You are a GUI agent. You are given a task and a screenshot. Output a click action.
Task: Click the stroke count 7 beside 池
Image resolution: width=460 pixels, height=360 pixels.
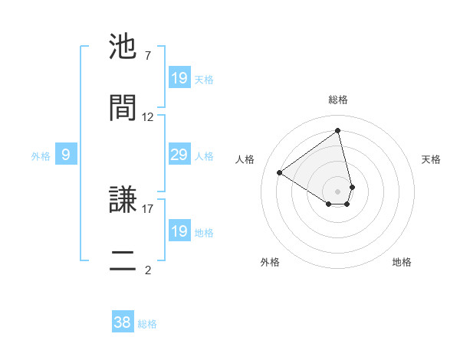[x=147, y=56]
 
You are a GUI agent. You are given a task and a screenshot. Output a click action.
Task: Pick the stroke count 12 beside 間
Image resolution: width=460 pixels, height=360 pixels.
[x=148, y=117]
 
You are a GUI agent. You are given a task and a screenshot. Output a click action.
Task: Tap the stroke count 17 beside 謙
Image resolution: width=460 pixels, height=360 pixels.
[x=148, y=208]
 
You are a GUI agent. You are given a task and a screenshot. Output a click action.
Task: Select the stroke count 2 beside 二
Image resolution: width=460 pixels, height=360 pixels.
[x=147, y=270]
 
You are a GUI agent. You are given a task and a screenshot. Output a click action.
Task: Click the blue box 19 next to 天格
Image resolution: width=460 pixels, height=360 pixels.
[x=179, y=78]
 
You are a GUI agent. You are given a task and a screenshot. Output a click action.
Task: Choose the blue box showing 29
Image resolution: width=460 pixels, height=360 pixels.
[x=179, y=155]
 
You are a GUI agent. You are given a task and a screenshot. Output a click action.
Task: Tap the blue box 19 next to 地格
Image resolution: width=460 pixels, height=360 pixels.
[x=179, y=231]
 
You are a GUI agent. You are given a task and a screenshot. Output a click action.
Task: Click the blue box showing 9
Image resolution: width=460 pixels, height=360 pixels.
[x=66, y=155]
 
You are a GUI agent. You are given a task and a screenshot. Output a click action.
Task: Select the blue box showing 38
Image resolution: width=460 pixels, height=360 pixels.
[x=123, y=322]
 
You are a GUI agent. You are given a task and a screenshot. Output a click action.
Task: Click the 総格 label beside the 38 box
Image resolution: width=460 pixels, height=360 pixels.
[x=147, y=324]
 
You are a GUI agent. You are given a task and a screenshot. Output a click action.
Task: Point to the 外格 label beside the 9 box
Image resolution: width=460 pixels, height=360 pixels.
[x=41, y=156]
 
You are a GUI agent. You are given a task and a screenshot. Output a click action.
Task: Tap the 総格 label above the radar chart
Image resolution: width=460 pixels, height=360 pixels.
[x=338, y=100]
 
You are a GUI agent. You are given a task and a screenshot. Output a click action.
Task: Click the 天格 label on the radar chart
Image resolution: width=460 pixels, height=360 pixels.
[x=431, y=159]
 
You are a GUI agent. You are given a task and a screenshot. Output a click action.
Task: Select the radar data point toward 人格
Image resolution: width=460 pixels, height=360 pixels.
[x=280, y=173]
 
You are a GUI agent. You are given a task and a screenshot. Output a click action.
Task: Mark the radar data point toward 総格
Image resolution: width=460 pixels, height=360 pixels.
[x=337, y=130]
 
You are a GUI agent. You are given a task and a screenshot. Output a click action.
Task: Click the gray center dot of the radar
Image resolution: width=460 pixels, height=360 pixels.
[x=338, y=191]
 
